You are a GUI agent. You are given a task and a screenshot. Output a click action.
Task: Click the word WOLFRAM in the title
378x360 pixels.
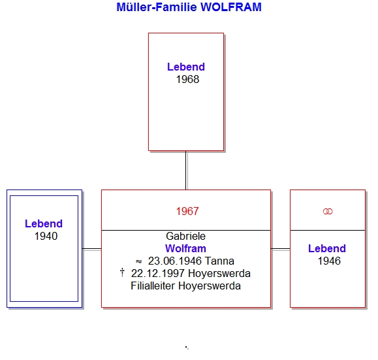pos(231,7)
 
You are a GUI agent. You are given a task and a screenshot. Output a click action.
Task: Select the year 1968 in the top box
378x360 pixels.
pos(187,80)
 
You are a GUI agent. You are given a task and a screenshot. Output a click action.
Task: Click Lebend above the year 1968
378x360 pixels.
pos(186,67)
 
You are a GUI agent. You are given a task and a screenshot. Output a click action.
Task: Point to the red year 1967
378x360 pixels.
pos(187,212)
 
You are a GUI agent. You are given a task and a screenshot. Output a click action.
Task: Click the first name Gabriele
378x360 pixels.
pos(185,237)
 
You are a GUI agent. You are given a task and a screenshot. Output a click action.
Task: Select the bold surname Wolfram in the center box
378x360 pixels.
pos(185,248)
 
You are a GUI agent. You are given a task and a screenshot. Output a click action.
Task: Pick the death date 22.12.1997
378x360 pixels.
pos(158,274)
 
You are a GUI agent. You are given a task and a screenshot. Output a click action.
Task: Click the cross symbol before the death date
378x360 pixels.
pos(122,272)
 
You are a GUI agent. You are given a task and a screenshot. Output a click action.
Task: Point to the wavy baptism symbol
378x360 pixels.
pos(138,261)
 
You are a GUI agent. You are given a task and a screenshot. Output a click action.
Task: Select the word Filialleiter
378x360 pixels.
pos(153,286)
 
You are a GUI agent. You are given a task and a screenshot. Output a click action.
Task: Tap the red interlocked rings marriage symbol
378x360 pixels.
pos(328,212)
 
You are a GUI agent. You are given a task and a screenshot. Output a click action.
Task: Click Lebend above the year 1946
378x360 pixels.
pos(327,248)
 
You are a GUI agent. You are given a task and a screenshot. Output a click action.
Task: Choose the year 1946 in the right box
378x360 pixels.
pos(329,261)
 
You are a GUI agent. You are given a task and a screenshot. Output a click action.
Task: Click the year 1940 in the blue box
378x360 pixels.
pos(46,237)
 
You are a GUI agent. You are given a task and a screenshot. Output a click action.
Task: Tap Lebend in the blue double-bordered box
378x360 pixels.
pos(44,223)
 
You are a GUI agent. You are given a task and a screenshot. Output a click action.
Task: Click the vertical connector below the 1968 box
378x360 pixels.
pos(186,171)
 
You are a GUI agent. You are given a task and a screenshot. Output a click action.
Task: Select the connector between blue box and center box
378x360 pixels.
pos(92,248)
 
